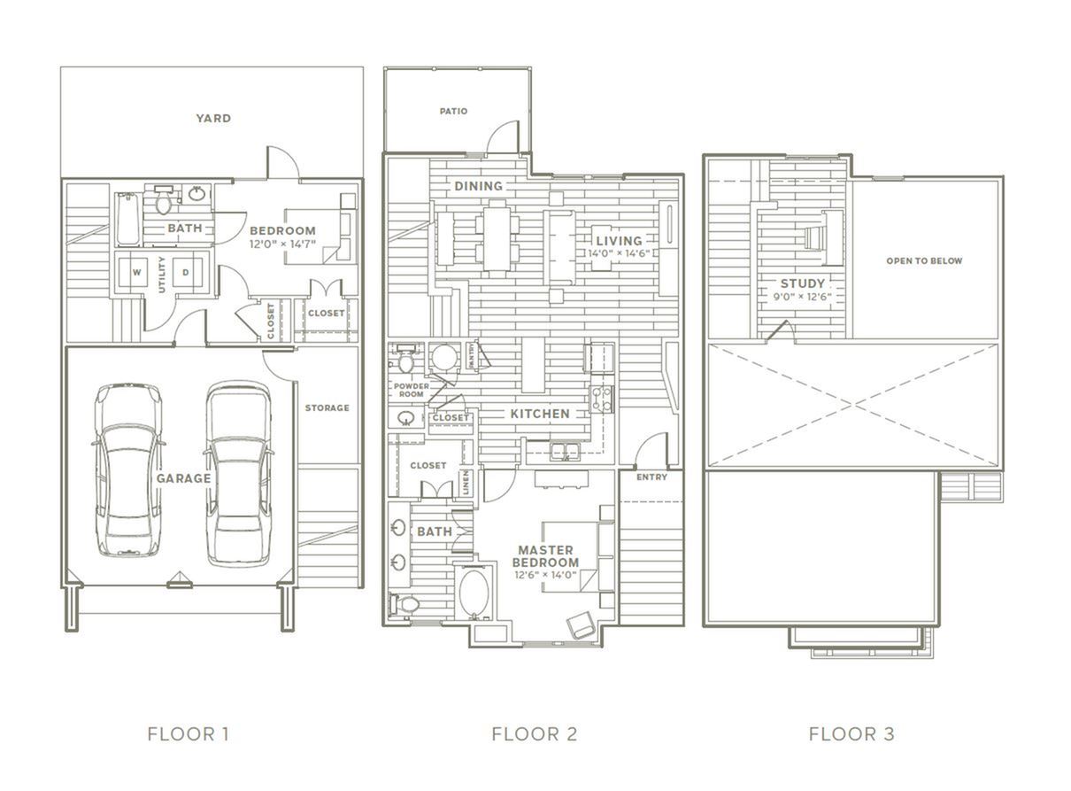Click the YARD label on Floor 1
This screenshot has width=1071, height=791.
click(x=213, y=119)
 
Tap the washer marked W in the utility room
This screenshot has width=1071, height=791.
click(x=136, y=273)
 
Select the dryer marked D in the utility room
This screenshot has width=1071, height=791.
click(x=186, y=273)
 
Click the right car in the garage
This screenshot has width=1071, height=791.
click(x=238, y=474)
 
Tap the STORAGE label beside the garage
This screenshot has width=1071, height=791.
click(x=327, y=407)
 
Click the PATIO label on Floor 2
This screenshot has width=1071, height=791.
click(x=453, y=111)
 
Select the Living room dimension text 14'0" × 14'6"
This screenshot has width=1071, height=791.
click(x=619, y=253)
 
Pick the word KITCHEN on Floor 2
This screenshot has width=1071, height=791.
click(x=540, y=414)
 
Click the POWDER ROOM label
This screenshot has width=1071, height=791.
click(x=412, y=390)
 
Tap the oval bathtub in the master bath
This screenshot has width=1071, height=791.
click(x=474, y=593)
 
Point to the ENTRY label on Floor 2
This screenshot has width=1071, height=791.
click(x=651, y=477)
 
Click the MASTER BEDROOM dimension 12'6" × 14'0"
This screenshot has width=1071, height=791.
click(x=545, y=575)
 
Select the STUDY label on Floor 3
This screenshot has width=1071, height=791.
click(x=803, y=283)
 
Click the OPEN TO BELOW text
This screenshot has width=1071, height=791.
click(x=924, y=261)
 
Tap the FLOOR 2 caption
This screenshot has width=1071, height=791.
click(x=535, y=734)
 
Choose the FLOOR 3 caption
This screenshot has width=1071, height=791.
click(x=851, y=734)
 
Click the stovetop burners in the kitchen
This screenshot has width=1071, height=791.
click(x=602, y=399)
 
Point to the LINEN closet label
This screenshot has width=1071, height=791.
click(x=466, y=482)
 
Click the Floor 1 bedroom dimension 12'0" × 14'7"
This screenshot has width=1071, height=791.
click(x=282, y=244)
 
